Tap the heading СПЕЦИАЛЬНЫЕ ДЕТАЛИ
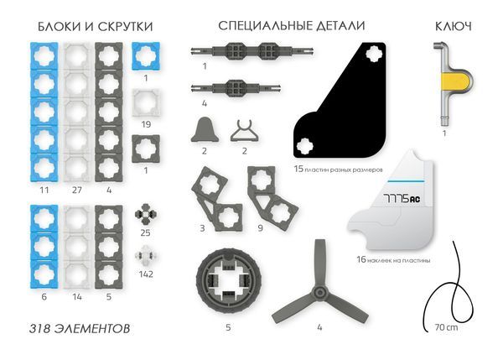[x=291, y=26]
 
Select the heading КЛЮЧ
[x=453, y=26]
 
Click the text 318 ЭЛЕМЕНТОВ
[x=80, y=327]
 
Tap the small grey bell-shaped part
[x=204, y=130]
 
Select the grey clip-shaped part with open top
[x=244, y=130]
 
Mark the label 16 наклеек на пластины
[x=393, y=260]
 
